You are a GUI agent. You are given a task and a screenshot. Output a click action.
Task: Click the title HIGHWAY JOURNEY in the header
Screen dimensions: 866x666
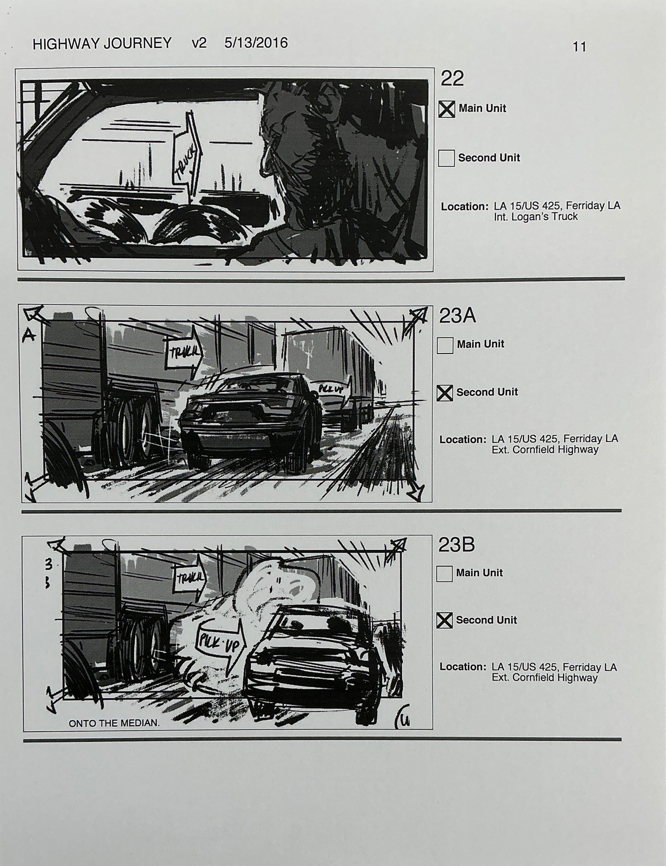click(x=102, y=43)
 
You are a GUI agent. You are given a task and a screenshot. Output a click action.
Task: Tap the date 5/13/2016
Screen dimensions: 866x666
click(x=256, y=43)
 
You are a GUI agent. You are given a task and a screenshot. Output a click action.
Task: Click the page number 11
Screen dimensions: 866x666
click(x=579, y=47)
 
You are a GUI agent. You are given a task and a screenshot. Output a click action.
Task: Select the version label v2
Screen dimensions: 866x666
click(x=199, y=43)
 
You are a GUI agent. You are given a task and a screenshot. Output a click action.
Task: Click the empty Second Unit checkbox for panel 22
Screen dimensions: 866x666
click(x=446, y=158)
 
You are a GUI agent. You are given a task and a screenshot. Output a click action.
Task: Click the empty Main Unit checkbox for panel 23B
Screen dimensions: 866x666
click(x=444, y=574)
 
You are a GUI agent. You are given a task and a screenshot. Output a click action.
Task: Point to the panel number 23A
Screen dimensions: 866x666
click(x=457, y=316)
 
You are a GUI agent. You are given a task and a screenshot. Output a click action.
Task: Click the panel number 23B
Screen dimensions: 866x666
click(x=456, y=545)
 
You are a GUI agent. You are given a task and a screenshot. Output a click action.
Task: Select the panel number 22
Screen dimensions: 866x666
click(x=452, y=78)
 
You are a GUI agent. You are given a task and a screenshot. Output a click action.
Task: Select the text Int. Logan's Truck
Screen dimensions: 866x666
click(x=535, y=217)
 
